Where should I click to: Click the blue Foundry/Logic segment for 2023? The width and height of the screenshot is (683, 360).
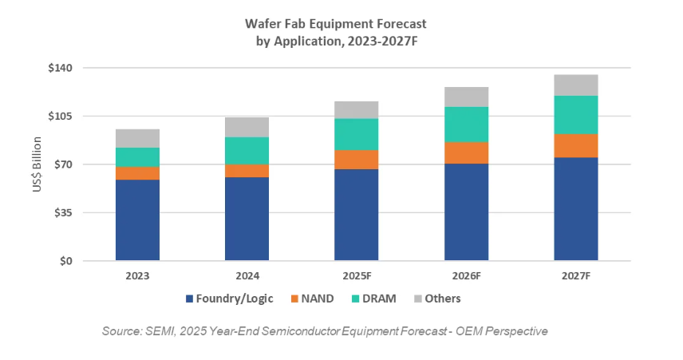point(137,220)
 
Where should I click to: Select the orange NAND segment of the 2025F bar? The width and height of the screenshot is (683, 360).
point(356,160)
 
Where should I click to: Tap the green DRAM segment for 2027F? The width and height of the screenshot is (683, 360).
point(575,115)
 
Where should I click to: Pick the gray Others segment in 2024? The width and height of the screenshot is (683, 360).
point(247,127)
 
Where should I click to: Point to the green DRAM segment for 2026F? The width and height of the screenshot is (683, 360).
point(466,125)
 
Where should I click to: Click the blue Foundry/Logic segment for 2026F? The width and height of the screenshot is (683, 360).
point(466,212)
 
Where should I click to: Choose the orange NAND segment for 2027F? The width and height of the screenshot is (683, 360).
point(575,145)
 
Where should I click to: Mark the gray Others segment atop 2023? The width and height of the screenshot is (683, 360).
point(137,138)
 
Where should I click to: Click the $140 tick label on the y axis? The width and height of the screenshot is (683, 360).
point(61,68)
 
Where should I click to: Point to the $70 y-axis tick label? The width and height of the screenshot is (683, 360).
point(64,164)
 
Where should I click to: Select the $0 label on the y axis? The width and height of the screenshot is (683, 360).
point(67,261)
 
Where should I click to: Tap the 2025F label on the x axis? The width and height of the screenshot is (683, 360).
point(356,275)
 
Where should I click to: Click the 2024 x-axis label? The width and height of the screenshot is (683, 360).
point(247,275)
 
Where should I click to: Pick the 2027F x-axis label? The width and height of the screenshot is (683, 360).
point(575,275)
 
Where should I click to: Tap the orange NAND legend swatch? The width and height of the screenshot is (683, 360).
point(293,299)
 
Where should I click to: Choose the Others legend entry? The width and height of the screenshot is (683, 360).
point(441,299)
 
